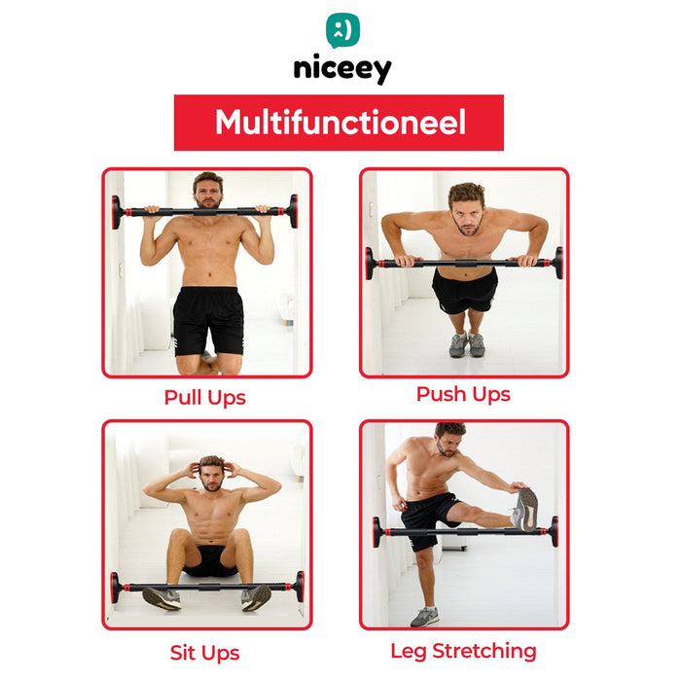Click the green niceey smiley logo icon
click(342, 30)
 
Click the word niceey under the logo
click(342, 69)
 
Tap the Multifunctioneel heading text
click(340, 123)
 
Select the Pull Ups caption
click(205, 398)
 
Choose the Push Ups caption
click(463, 394)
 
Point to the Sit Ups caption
click(205, 653)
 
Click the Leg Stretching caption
click(463, 651)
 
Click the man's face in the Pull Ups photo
click(208, 193)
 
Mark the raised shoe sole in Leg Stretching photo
click(528, 510)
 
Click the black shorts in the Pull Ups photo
click(208, 320)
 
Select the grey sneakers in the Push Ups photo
click(467, 344)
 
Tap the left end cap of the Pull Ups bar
click(117, 212)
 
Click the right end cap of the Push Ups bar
click(558, 263)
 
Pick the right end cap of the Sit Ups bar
click(300, 587)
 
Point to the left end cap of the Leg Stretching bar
click(376, 532)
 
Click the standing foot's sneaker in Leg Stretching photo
click(425, 617)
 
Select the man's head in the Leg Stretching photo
click(449, 439)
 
